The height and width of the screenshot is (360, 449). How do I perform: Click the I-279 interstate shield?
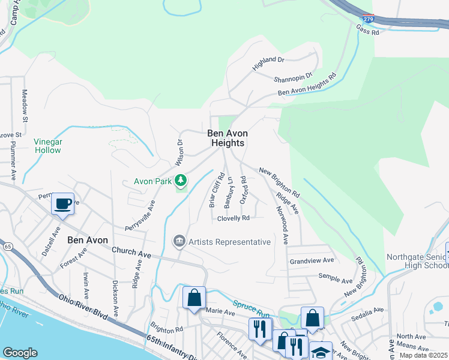point(369,20)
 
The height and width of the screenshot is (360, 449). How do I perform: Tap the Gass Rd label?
point(367,31)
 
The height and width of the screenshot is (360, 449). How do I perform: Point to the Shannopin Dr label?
point(293,77)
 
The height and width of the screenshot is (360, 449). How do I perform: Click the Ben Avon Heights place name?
point(228,138)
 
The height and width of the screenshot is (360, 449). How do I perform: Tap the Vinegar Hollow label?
point(48,146)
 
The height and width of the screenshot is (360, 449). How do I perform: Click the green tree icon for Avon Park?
point(180,180)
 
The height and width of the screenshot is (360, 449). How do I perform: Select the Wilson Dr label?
point(178,153)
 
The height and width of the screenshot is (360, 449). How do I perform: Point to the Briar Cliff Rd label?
point(216,190)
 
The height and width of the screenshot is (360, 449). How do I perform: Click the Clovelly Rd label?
point(234,218)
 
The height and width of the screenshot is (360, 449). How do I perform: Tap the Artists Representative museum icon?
point(179,241)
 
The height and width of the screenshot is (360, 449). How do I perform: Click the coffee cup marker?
point(63,203)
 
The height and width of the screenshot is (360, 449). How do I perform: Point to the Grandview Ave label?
point(312,261)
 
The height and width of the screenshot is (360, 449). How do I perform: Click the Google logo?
point(20,353)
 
